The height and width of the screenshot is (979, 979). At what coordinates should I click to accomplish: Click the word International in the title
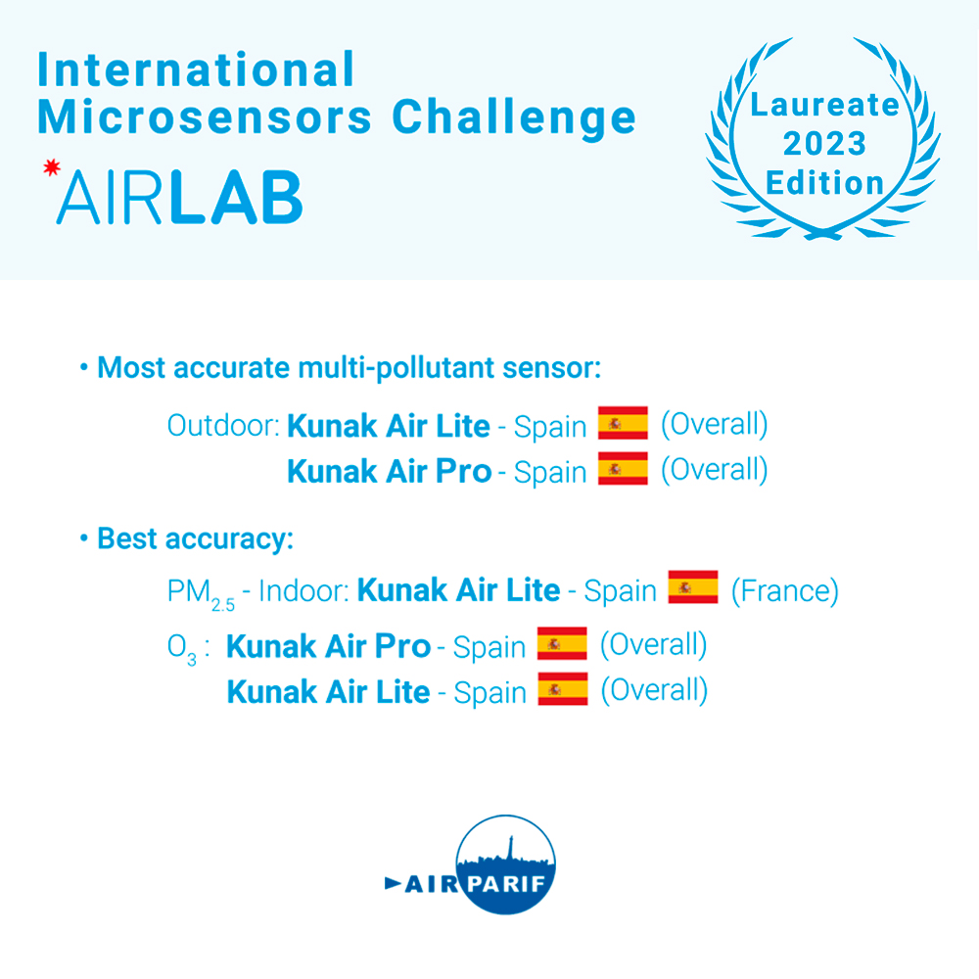coord(196,69)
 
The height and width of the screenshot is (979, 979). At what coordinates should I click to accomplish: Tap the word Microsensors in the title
coord(205,117)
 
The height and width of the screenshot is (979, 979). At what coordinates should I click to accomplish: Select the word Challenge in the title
coord(514,118)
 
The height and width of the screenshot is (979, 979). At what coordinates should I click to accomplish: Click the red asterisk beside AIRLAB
coord(52,167)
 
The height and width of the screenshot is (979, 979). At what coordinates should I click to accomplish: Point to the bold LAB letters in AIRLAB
coord(237,198)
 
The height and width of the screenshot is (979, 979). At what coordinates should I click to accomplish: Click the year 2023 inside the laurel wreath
coord(824,144)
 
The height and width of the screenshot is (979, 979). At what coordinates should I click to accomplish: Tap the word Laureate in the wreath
coord(824,105)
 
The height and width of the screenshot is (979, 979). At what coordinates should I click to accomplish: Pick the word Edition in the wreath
coord(824,183)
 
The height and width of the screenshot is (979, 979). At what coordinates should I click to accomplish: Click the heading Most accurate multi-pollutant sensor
coord(350,368)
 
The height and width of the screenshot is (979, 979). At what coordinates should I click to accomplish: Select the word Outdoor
coord(223,426)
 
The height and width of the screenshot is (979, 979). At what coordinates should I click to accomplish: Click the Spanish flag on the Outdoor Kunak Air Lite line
coord(623,423)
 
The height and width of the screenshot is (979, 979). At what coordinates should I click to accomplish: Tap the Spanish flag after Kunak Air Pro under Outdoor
coord(623,468)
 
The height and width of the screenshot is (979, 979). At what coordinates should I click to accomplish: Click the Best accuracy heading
coord(196,538)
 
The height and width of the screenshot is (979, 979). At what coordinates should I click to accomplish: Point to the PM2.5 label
coord(201,593)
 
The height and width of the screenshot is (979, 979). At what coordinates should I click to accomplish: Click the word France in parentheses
coord(785,590)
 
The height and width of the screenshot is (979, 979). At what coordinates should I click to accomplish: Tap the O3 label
coord(182,649)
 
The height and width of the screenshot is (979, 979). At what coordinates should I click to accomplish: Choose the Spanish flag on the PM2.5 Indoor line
coord(693,586)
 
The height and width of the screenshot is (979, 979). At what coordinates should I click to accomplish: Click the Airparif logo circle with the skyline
coord(505,864)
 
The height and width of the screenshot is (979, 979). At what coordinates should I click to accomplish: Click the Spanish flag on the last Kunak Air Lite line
coord(563,688)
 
